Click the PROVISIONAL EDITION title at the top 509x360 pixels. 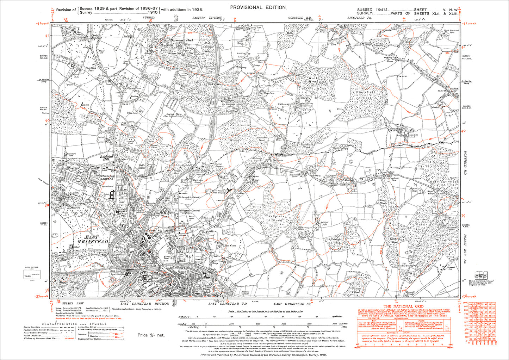[258, 7]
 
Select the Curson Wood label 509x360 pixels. [421, 222]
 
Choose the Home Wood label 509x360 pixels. [441, 237]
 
